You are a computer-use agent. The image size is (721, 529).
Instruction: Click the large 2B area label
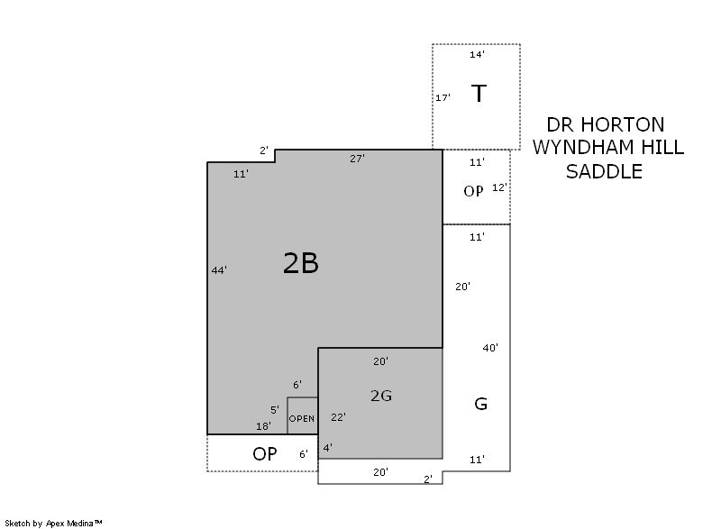pos(301,263)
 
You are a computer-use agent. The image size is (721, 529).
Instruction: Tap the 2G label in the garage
pos(381,396)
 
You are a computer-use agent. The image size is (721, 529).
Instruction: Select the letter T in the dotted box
pos(479,94)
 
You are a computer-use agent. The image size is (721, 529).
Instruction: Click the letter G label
pos(480,404)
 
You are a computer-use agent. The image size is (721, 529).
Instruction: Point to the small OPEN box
pos(303,416)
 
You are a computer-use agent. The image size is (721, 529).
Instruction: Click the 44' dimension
pos(219,270)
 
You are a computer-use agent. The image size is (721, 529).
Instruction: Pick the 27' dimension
pos(357,159)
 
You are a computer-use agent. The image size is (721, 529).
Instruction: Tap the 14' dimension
pos(478,55)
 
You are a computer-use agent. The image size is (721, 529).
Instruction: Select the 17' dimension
pos(443,98)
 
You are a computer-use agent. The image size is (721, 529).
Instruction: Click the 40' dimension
pos(490,348)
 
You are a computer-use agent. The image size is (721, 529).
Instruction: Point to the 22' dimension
pos(339,417)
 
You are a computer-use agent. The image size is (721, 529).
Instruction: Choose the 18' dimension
pos(263,426)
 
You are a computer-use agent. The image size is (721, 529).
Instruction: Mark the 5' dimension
pos(275,410)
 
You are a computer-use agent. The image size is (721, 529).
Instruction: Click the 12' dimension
pos(500,187)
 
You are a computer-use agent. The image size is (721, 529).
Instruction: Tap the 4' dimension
pos(328,448)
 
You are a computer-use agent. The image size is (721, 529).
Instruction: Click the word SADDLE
pos(604,171)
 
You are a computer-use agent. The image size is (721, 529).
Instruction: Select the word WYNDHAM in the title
pos(577,148)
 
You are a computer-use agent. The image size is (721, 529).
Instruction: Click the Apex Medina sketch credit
pos(54,523)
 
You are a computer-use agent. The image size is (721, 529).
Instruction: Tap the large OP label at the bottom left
pos(265,454)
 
